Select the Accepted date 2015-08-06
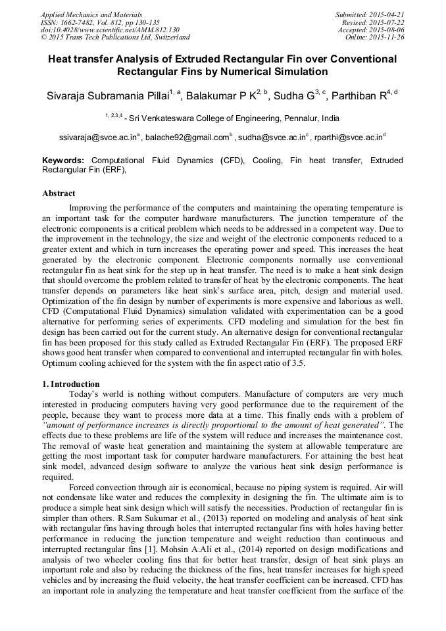[387, 30]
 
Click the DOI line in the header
[110, 30]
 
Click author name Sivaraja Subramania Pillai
[107, 96]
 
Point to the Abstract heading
[59, 193]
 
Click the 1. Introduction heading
[71, 384]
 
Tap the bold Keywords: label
[63, 160]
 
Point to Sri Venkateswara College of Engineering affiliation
[224, 118]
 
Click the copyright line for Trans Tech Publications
[115, 38]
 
